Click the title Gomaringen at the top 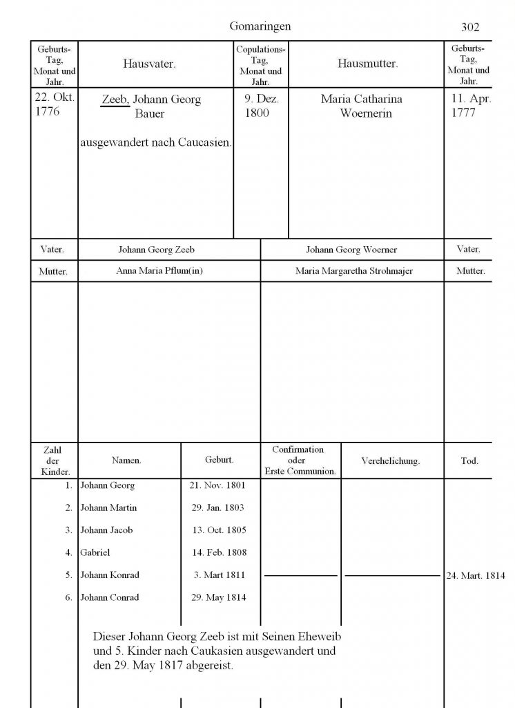tap(260, 26)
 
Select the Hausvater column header tap(149, 64)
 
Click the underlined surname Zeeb tap(115, 100)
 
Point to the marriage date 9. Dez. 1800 tap(260, 106)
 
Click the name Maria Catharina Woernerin tap(362, 106)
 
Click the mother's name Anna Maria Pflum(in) tap(159, 271)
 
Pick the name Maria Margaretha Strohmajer tap(353, 271)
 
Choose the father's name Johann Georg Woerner tap(351, 250)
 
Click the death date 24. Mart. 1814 tap(476, 575)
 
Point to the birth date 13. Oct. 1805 tap(217, 530)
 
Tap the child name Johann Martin tap(108, 507)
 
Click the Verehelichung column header tap(391, 460)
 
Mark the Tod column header tap(469, 460)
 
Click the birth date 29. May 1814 tap(218, 597)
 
